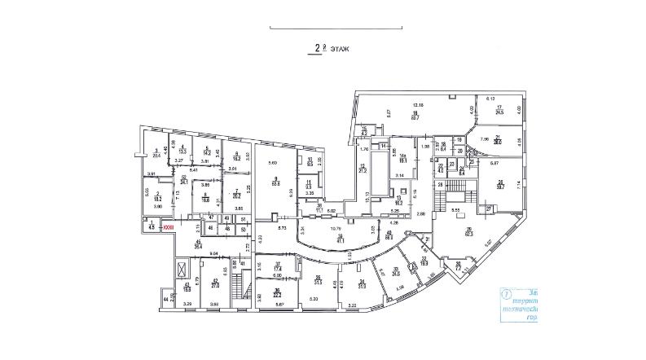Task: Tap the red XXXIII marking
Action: coord(168,228)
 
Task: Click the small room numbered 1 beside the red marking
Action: coord(152,225)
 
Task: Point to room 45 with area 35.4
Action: coord(198,244)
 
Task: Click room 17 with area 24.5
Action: coord(499,110)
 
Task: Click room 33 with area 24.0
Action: coord(397,273)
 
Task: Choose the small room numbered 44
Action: coord(165,301)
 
